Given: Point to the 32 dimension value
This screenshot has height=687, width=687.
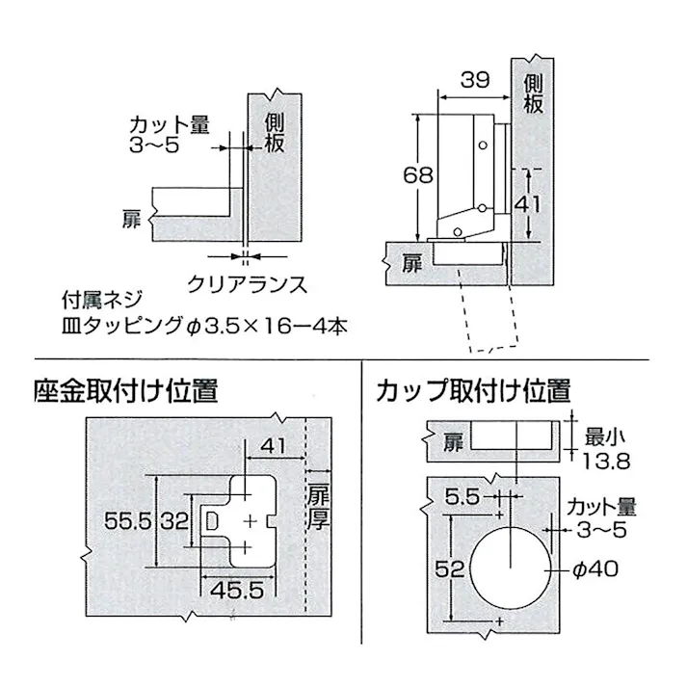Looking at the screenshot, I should [172, 522].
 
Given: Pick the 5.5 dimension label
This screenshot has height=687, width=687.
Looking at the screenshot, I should [462, 497].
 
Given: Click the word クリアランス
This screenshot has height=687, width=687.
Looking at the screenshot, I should [248, 283].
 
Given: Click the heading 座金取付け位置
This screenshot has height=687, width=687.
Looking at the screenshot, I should [126, 391].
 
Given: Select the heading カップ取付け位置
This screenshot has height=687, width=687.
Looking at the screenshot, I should [474, 391].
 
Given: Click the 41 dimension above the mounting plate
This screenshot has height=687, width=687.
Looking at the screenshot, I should [274, 445].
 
